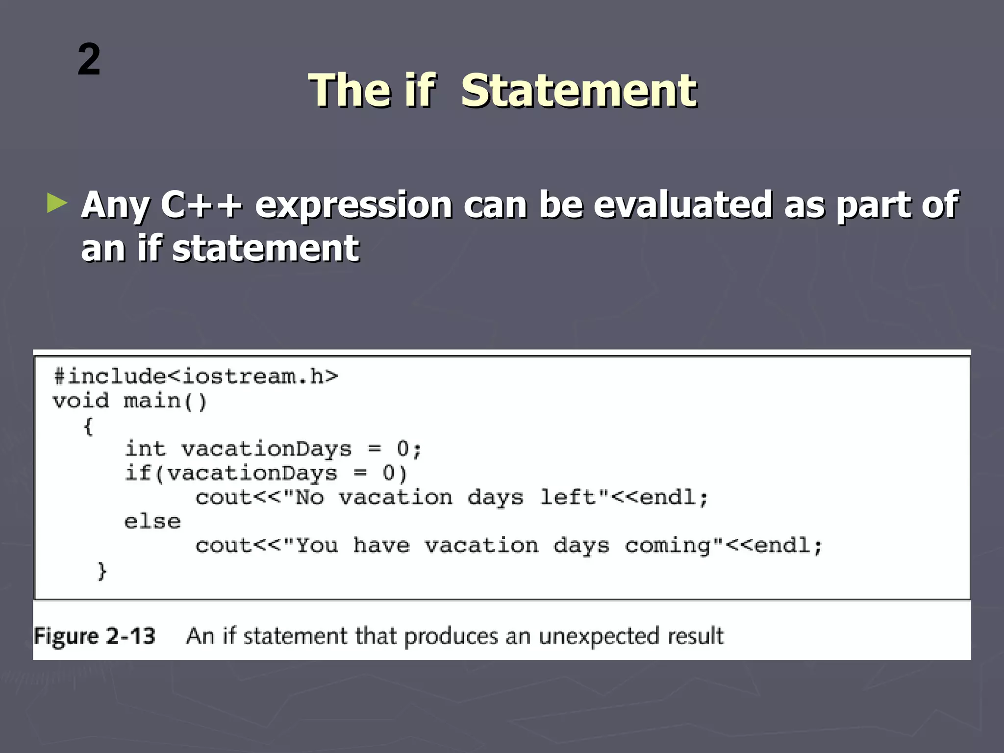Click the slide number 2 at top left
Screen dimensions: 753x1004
click(89, 60)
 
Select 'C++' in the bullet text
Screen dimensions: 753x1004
click(201, 205)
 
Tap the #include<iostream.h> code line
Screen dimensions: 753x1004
click(196, 376)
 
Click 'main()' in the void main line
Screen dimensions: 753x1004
click(165, 402)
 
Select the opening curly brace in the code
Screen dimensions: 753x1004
click(88, 426)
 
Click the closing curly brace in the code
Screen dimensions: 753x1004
click(102, 571)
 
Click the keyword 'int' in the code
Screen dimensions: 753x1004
click(146, 449)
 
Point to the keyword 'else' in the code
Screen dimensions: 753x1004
click(152, 522)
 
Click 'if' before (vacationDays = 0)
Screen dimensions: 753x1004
click(138, 474)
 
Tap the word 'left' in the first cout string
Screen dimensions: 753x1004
click(567, 498)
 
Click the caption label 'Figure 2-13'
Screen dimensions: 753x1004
click(95, 636)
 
